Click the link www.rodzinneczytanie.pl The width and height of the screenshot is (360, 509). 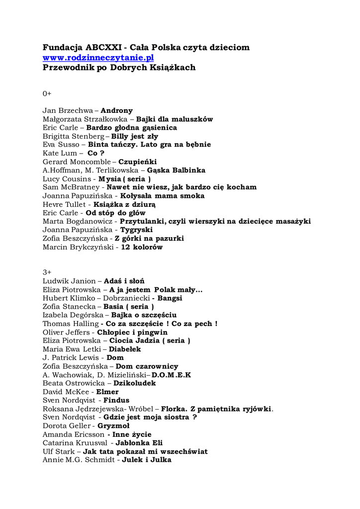point(98,58)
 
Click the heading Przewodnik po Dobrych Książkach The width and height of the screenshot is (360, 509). point(119,68)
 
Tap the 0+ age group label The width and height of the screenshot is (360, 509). point(47,93)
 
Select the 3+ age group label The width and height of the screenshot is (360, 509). point(47,272)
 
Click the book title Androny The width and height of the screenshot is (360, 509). point(117,110)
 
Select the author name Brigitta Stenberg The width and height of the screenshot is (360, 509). point(73,136)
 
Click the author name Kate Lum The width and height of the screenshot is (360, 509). point(60,153)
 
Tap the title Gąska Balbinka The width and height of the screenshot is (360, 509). point(176,170)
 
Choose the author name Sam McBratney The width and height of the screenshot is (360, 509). point(71,187)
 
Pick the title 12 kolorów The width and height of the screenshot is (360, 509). point(142,247)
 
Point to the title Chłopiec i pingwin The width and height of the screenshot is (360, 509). point(132,332)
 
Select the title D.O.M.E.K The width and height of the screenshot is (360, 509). point(172,375)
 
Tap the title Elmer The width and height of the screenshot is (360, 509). point(107,392)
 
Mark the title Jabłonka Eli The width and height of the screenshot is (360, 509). point(139,443)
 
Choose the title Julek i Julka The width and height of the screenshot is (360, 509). point(147,460)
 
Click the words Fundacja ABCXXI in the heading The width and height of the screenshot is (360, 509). point(82,48)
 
